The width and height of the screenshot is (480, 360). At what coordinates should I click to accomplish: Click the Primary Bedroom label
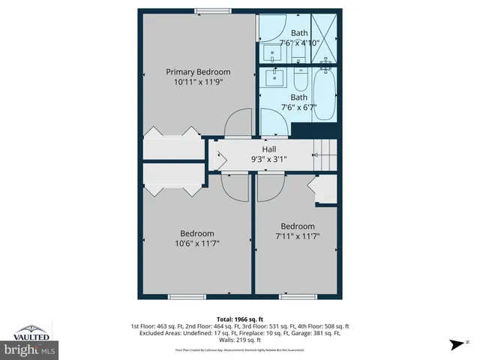(197, 72)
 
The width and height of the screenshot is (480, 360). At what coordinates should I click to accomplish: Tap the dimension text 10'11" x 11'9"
(197, 82)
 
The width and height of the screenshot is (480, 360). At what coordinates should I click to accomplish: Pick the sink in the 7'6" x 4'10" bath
(270, 52)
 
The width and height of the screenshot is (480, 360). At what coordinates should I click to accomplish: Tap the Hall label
(268, 149)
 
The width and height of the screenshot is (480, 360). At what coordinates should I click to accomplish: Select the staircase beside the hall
(325, 154)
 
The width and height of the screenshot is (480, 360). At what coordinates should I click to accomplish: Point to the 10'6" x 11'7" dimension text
(196, 243)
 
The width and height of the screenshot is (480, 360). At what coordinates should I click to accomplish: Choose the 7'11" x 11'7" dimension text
(298, 237)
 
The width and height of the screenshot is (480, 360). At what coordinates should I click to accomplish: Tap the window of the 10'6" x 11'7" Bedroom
(186, 297)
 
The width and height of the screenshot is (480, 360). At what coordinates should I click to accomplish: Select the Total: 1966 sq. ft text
(240, 319)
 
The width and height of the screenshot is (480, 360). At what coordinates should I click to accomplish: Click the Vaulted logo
(30, 331)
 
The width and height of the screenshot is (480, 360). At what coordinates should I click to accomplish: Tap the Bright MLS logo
(30, 349)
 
